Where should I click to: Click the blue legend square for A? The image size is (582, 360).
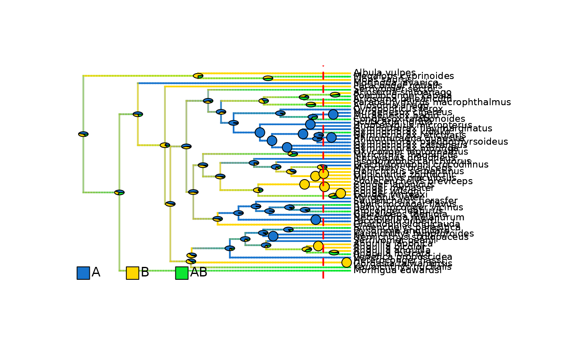(83, 273)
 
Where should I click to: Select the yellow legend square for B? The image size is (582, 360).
(132, 273)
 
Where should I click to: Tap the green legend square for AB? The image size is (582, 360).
(182, 273)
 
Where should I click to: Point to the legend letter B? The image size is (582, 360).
(145, 272)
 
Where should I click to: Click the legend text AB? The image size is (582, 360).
(198, 272)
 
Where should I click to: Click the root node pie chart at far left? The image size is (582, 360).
(83, 134)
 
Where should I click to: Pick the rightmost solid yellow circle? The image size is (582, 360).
(346, 262)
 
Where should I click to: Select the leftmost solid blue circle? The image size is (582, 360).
(260, 132)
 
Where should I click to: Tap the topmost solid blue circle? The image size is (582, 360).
(333, 114)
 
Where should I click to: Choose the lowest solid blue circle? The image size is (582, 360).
(273, 236)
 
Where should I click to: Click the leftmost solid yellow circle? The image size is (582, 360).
(304, 184)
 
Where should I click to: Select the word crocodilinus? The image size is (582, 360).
(458, 165)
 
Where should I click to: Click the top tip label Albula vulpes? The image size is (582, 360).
(384, 73)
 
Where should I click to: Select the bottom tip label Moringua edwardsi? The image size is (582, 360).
(397, 271)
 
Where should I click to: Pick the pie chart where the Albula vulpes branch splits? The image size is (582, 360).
(198, 76)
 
